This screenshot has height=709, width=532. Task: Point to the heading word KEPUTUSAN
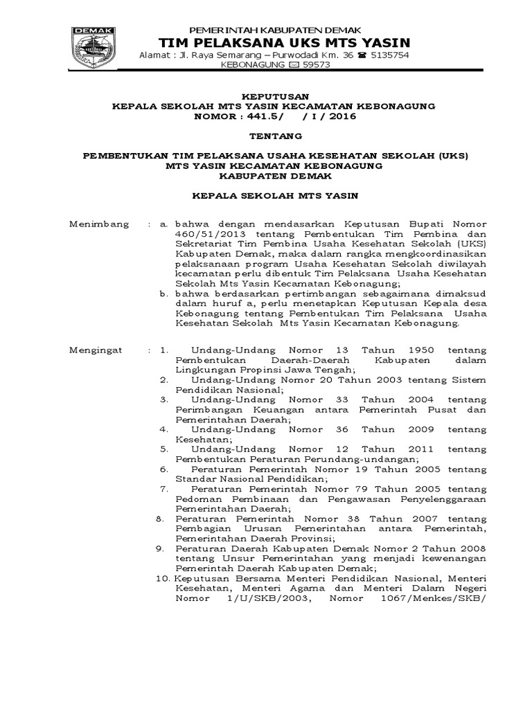(275, 96)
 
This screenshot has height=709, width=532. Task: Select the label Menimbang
(99, 224)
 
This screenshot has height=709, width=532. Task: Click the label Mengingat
(96, 350)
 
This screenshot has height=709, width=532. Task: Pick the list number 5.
(164, 449)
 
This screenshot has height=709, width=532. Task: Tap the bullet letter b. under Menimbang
(164, 293)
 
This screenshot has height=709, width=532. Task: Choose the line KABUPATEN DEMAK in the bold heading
(275, 176)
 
